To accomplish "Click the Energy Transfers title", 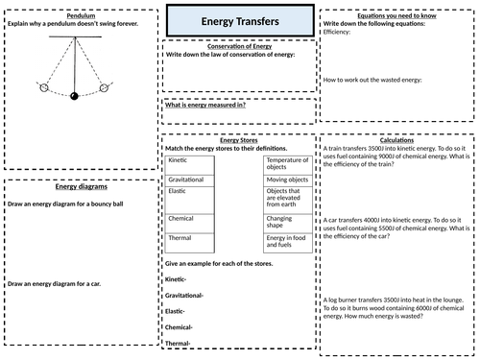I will click(x=240, y=18).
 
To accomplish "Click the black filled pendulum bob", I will click(x=72, y=94).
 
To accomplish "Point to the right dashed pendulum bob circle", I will click(x=103, y=88).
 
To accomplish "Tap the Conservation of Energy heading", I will click(x=240, y=45).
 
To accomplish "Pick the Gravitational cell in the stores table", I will click(x=188, y=180).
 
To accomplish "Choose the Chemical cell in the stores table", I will click(x=183, y=218).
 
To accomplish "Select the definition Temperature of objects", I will click(x=285, y=165).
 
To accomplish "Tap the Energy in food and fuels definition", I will click(x=285, y=243).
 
